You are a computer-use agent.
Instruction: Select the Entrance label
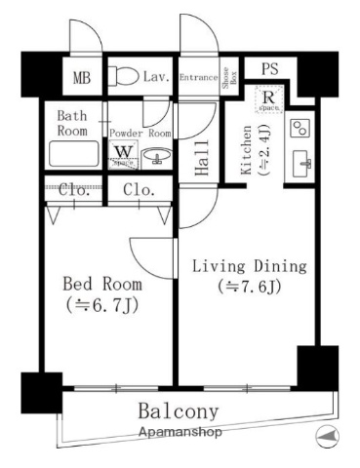pos(199,75)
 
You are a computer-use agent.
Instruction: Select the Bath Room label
pos(73,122)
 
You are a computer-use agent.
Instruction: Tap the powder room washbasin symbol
pos(157,156)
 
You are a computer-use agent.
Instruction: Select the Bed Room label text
pos(101,284)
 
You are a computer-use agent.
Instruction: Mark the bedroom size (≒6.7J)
pos(101,304)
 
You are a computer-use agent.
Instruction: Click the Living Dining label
pos(249,265)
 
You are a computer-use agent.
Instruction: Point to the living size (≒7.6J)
pos(249,287)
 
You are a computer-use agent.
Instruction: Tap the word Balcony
pos(179,410)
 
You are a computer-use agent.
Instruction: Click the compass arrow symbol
pos(326,435)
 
